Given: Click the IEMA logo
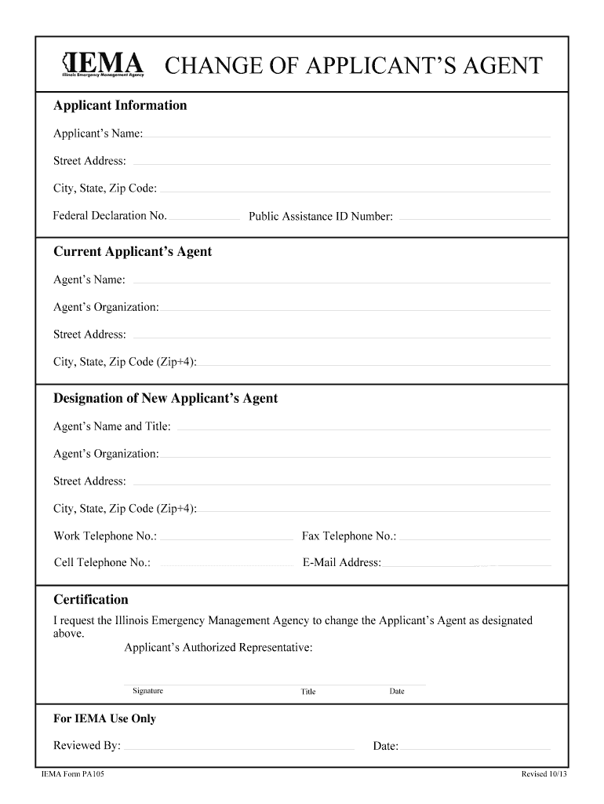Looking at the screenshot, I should tap(103, 64).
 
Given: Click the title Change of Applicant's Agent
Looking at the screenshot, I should tap(352, 65).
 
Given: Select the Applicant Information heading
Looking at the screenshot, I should tap(120, 105).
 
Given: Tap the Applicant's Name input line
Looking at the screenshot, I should tap(347, 134).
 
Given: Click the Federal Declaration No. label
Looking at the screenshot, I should tap(110, 215).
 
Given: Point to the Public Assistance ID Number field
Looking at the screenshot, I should tap(475, 217).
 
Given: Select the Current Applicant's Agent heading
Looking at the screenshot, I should tap(133, 251).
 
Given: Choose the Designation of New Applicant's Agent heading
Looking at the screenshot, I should tap(166, 398).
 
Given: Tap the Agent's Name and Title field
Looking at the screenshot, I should tap(364, 427).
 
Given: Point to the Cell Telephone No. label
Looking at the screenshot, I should tap(102, 562).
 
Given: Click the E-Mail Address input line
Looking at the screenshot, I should tap(468, 564).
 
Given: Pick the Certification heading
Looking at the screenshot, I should tap(91, 600).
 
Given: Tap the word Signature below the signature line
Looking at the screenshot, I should tap(147, 691).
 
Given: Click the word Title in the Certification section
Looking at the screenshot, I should tap(308, 692).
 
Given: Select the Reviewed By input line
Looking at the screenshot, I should tap(239, 747).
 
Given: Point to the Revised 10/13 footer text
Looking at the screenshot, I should tap(544, 774).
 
